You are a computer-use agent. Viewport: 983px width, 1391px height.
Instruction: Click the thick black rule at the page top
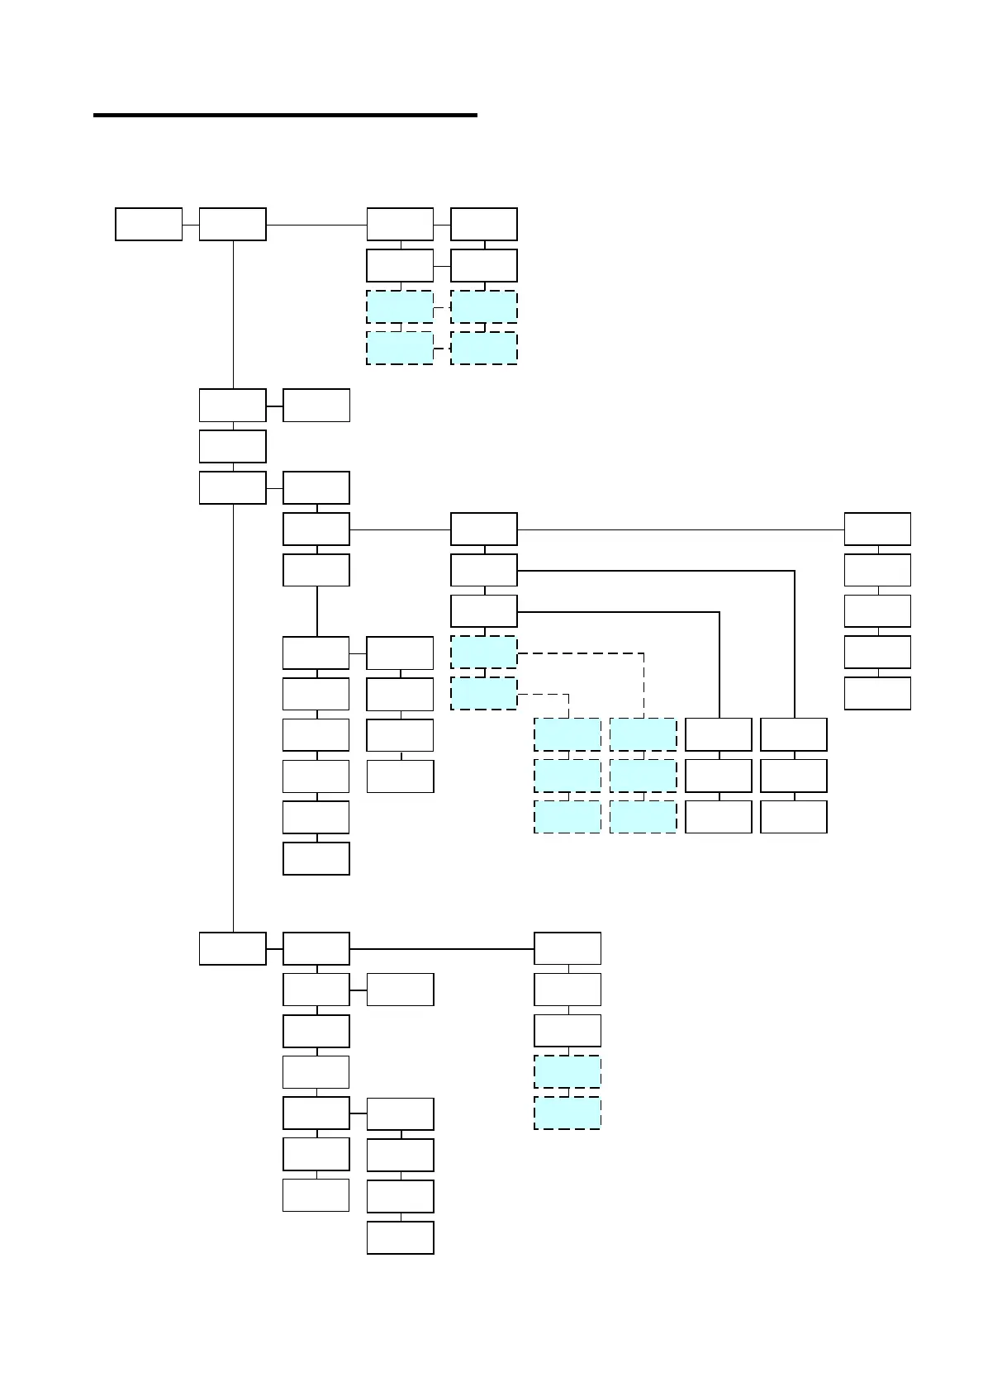point(285,115)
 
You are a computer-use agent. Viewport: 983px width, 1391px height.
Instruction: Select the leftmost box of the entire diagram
point(149,225)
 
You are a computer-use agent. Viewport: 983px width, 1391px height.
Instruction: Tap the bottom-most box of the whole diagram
point(401,1237)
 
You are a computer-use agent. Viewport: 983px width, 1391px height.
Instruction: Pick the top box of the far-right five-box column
point(877,529)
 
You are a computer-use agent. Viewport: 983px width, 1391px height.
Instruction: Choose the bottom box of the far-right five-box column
point(877,693)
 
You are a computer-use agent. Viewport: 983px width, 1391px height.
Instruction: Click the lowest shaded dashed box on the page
point(567,1113)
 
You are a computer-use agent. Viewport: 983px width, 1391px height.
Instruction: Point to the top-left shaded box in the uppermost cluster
point(400,306)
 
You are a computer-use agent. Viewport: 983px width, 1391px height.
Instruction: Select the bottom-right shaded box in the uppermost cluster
point(484,348)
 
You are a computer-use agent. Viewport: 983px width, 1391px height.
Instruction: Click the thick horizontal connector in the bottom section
point(442,948)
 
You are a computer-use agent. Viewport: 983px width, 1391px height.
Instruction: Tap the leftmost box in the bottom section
point(232,948)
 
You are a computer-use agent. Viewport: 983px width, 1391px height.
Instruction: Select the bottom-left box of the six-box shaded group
point(567,816)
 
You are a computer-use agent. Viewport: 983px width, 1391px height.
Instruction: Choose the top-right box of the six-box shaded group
point(643,734)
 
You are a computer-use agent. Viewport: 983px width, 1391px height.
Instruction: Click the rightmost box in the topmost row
point(484,225)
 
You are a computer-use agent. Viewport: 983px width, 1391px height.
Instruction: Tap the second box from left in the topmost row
point(232,225)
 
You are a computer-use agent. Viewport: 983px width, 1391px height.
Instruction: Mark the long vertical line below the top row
point(233,314)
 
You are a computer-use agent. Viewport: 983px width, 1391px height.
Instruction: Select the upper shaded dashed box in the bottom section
point(567,1071)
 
